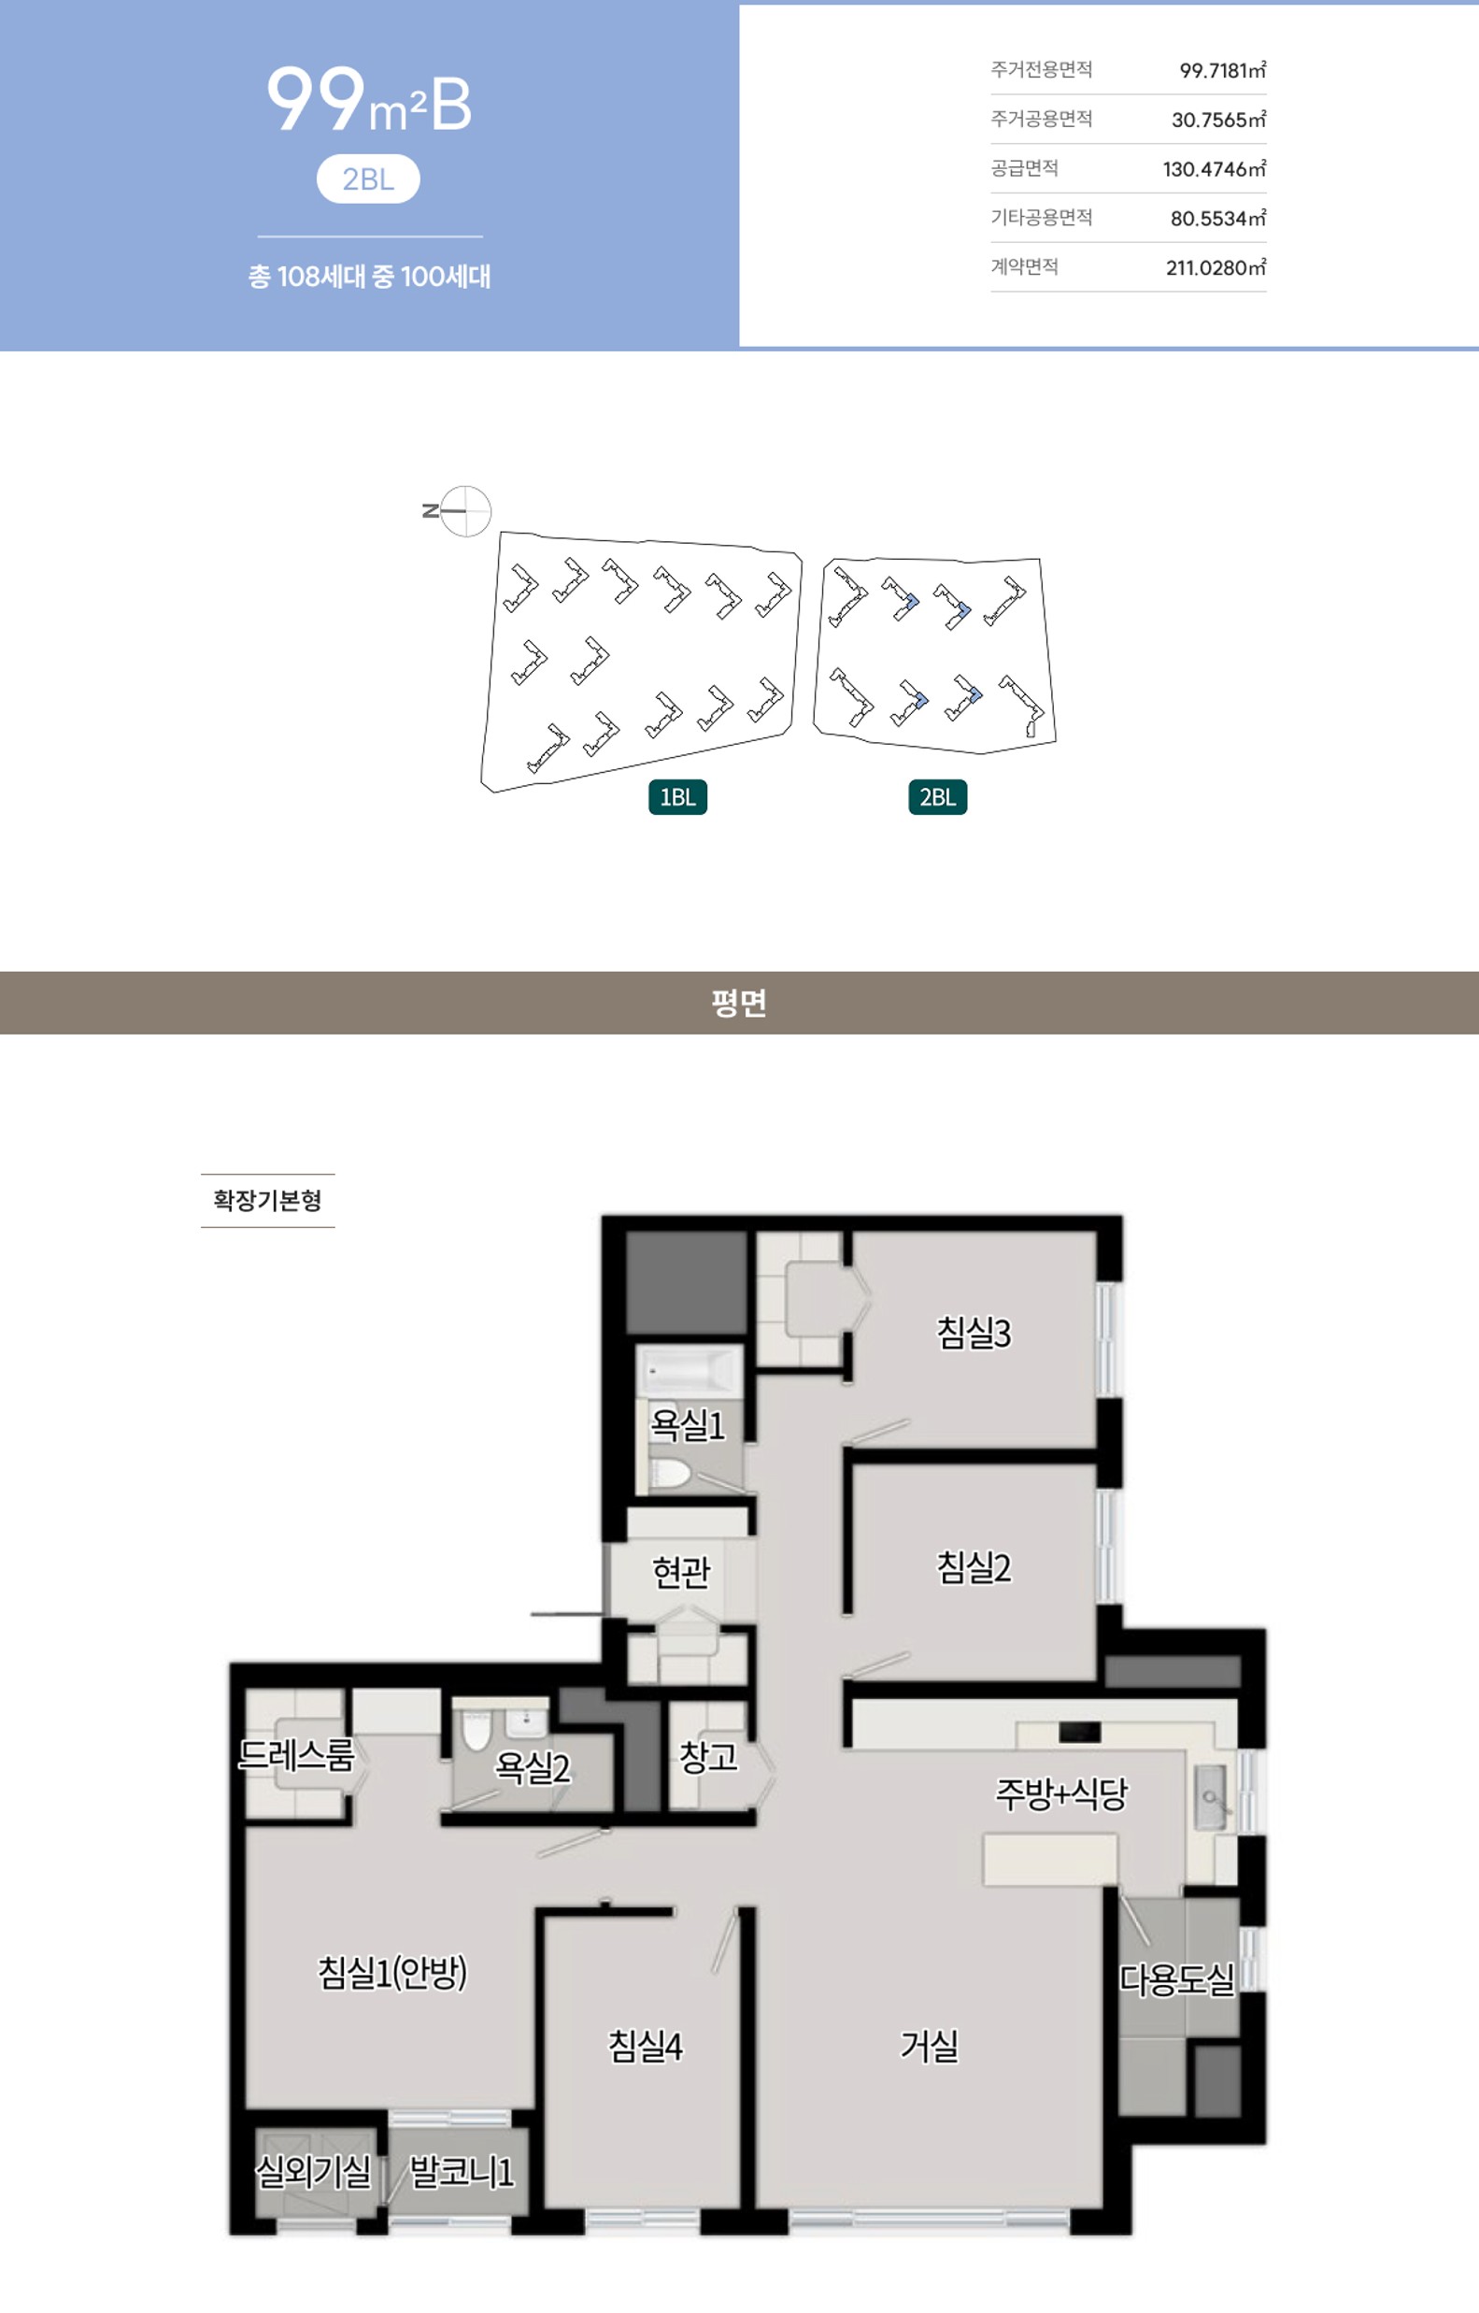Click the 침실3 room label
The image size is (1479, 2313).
[x=974, y=1334]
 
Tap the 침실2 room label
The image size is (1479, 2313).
[x=974, y=1567]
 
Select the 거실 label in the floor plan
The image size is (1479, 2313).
[x=929, y=2046]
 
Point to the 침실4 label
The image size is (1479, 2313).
[x=646, y=2046]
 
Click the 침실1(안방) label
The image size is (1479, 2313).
[x=391, y=1973]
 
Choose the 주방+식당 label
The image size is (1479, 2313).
[x=1061, y=1794]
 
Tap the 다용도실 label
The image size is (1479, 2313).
[x=1177, y=1979]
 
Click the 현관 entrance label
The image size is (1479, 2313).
[x=681, y=1573]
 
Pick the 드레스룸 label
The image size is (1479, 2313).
[x=297, y=1755]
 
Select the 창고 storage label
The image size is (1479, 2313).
[x=709, y=1757]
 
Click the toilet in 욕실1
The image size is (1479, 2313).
[x=669, y=1475]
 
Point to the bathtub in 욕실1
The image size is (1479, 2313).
[x=689, y=1370]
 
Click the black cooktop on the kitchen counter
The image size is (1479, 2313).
[x=1079, y=1732]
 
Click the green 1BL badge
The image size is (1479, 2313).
[x=678, y=797]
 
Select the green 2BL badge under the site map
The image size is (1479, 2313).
[x=937, y=797]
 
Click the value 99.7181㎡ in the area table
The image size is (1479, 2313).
[x=1223, y=70]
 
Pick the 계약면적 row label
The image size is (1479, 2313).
[x=1025, y=266]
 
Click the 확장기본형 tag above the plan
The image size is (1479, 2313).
[x=267, y=1201]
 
